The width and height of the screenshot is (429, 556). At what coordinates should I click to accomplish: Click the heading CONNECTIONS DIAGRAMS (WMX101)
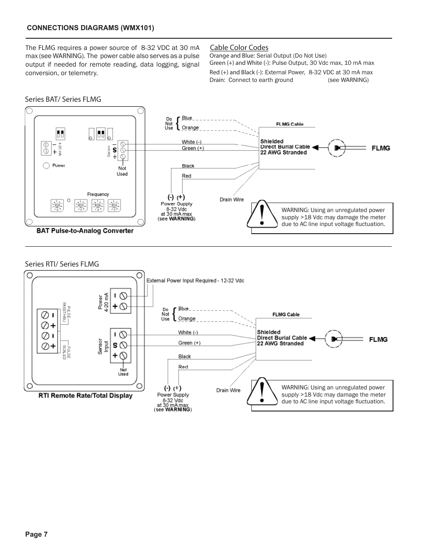tap(90, 28)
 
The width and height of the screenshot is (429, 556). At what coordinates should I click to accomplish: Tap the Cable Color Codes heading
tap(239, 48)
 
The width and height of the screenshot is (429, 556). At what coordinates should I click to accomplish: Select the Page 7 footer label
tap(36, 534)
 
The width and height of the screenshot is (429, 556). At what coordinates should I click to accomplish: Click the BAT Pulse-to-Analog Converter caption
tap(85, 231)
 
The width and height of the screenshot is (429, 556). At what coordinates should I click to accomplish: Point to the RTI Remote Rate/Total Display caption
tap(85, 396)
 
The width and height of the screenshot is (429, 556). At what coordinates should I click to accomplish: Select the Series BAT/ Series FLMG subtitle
tap(63, 99)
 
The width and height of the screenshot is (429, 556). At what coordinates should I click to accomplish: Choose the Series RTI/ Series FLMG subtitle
tap(62, 264)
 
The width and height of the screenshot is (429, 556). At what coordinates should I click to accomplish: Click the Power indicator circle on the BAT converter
tap(46, 166)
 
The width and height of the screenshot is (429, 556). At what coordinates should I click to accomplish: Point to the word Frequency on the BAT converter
tap(98, 194)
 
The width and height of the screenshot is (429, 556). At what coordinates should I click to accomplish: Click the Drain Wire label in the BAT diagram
tap(232, 199)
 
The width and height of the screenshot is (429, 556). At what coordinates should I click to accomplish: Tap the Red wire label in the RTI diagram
tap(183, 367)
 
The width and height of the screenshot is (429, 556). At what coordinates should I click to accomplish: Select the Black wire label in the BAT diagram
tap(188, 166)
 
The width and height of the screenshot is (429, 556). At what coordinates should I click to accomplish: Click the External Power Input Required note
tap(195, 280)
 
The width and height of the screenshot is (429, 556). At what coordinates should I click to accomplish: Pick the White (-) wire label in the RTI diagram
tap(188, 333)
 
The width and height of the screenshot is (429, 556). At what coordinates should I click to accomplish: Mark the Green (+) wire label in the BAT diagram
tap(192, 149)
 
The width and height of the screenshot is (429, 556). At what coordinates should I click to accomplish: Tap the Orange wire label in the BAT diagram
tap(190, 128)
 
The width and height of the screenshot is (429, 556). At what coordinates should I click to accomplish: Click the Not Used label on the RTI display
tap(123, 372)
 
